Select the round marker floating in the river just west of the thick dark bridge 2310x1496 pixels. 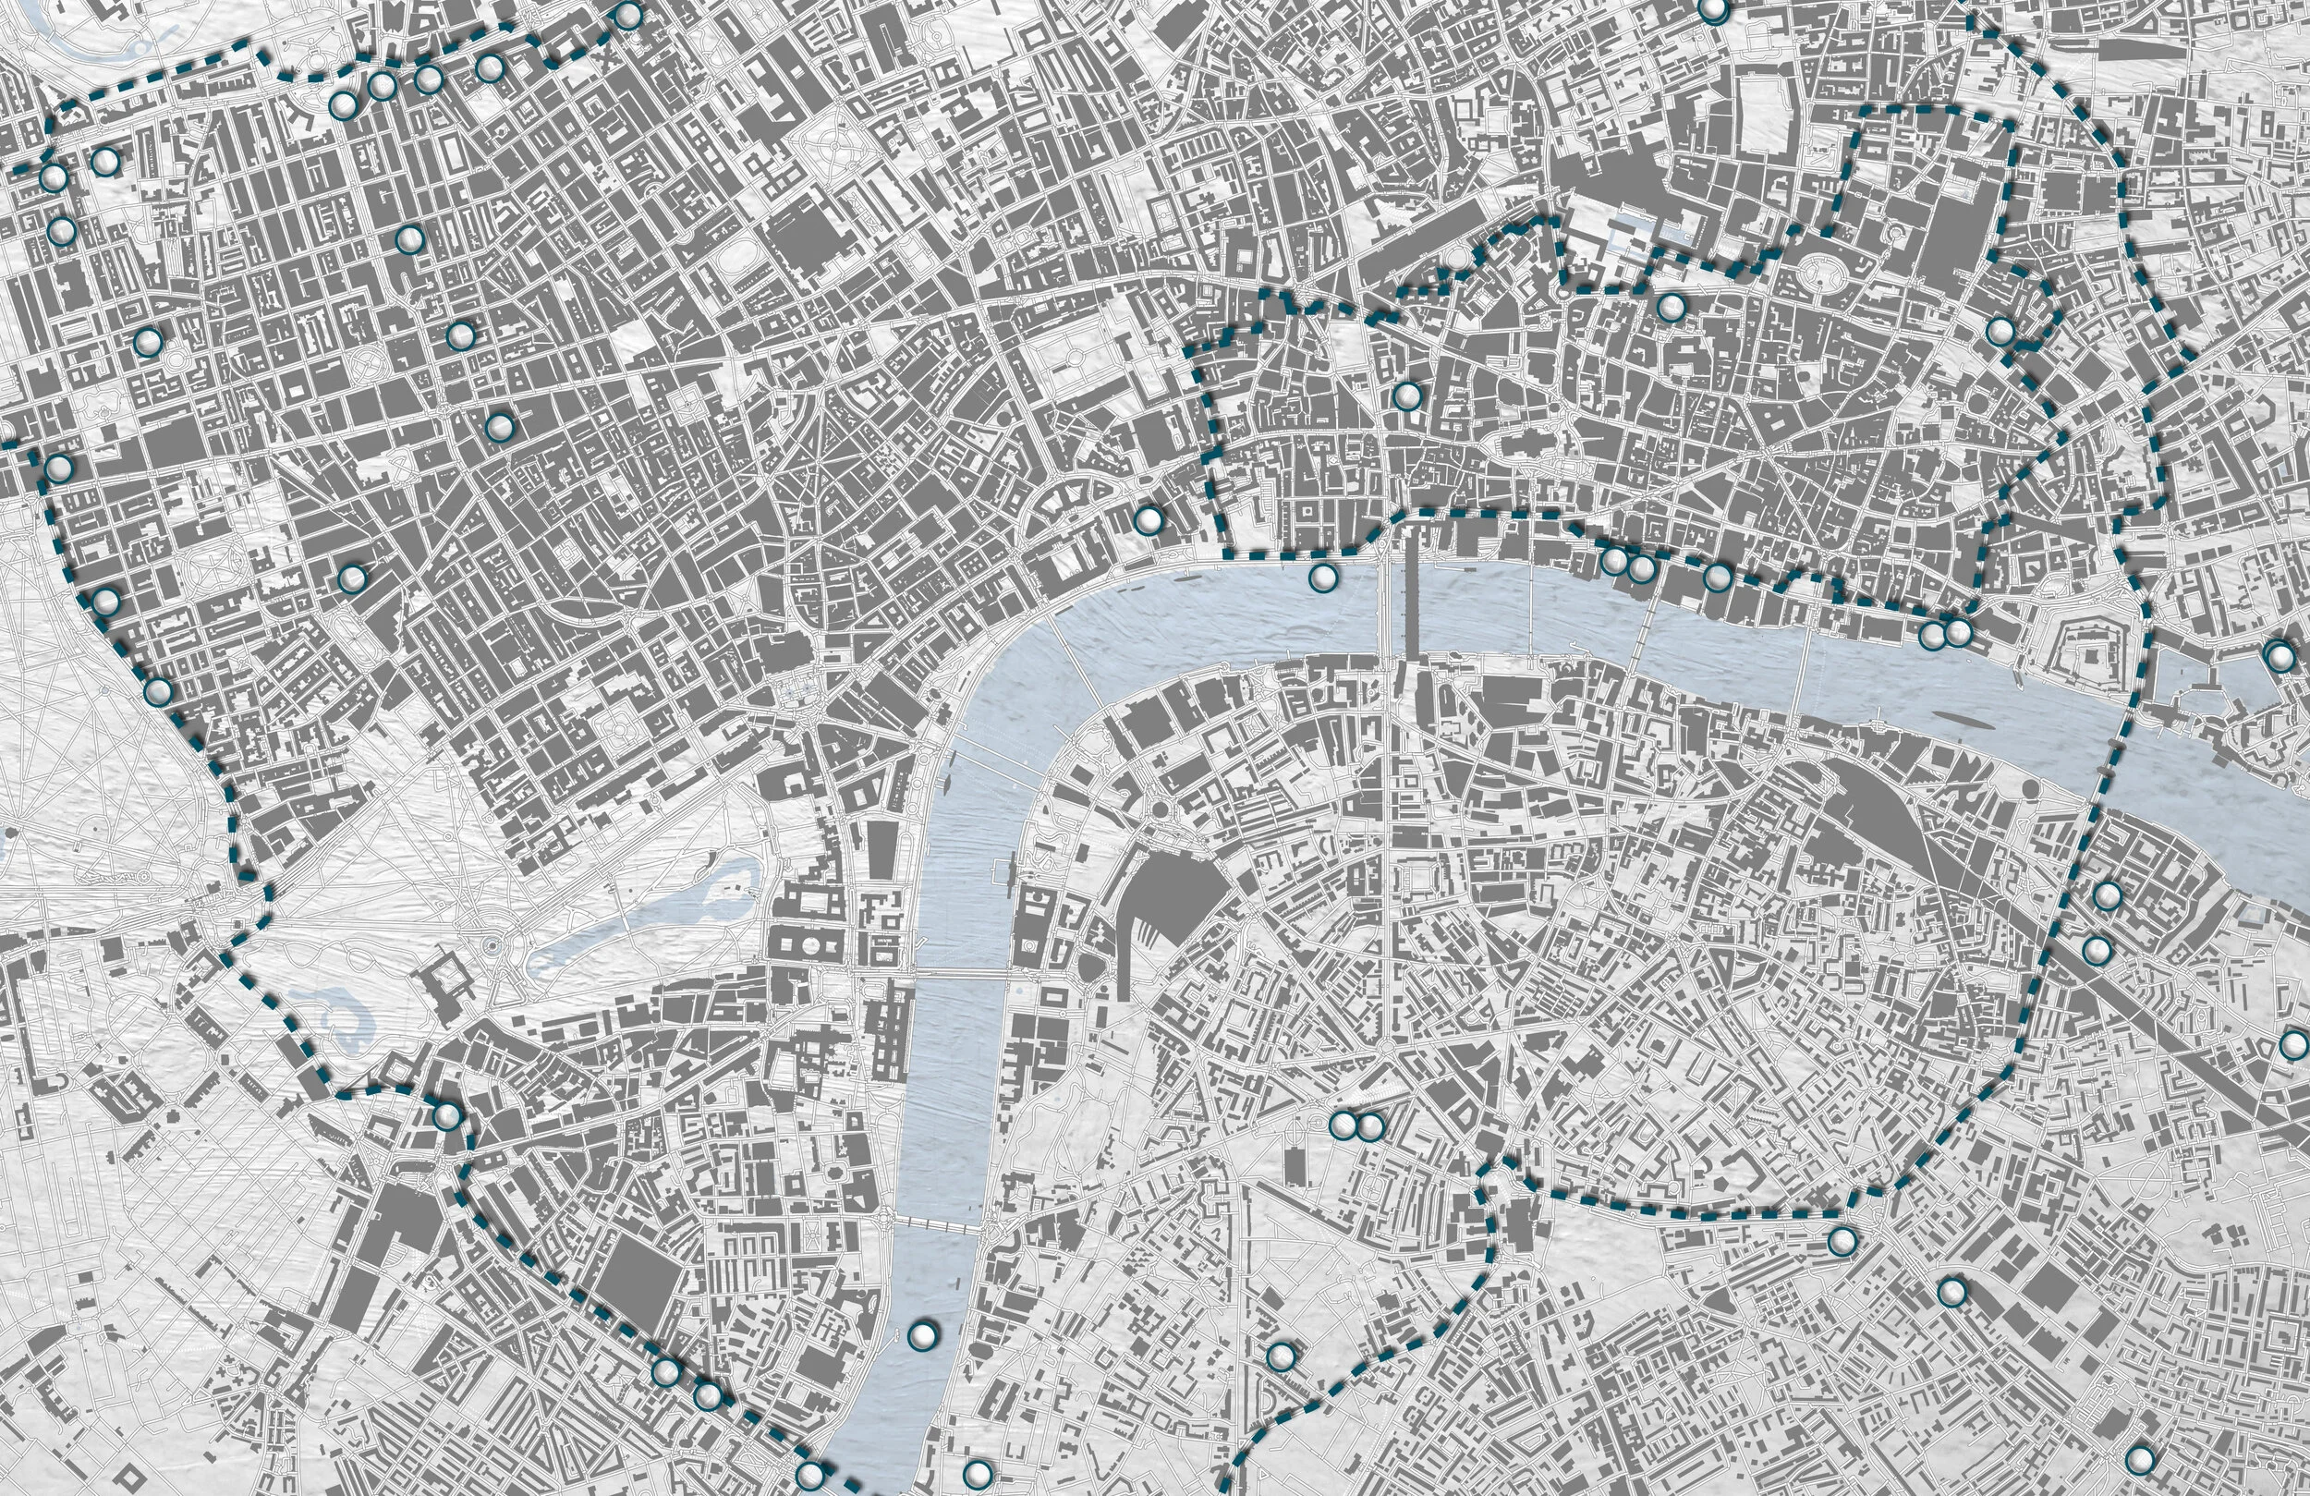tap(1322, 578)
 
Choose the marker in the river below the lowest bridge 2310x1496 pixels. tap(923, 1336)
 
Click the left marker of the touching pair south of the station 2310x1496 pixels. tap(1342, 1125)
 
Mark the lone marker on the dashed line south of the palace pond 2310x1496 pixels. tap(446, 1115)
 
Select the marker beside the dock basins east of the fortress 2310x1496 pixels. tap(2278, 655)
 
